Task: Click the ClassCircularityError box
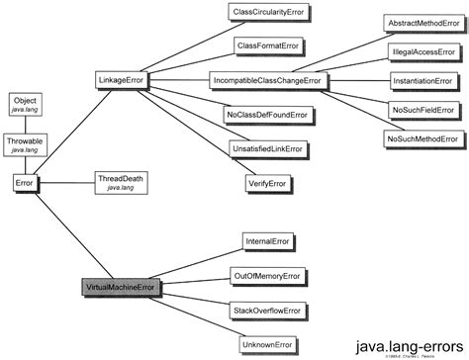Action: click(268, 13)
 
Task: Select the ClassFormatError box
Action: click(268, 45)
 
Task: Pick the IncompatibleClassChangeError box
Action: click(268, 78)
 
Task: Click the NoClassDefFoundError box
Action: click(268, 115)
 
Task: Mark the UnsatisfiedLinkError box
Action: click(268, 147)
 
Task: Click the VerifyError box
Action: click(268, 183)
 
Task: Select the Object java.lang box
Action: click(25, 105)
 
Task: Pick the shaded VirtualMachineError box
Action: click(120, 288)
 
